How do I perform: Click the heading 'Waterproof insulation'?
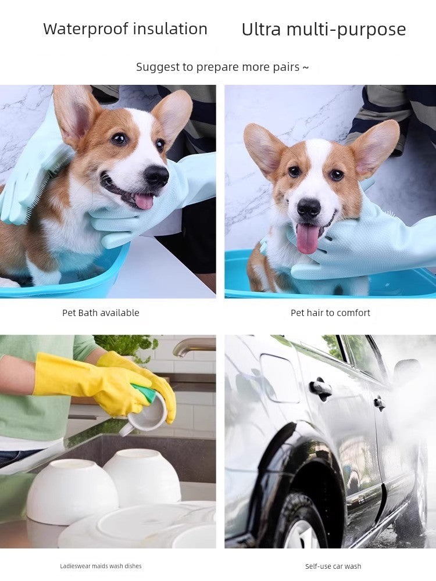125,29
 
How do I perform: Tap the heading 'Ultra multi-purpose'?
324,30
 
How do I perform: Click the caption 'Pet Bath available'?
101,313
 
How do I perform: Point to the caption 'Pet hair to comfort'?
330,313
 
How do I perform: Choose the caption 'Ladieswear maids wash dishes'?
101,566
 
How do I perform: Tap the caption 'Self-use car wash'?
333,566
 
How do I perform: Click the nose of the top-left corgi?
156,175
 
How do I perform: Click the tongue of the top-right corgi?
308,238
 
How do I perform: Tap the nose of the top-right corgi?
309,207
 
